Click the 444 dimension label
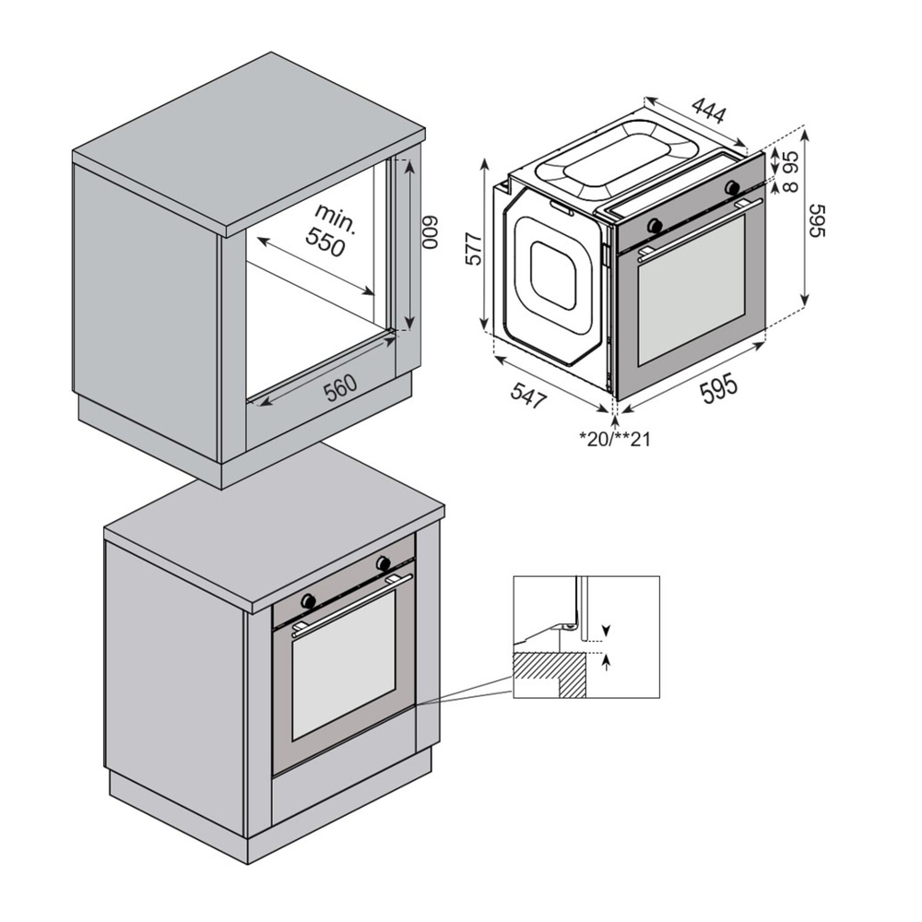(x=708, y=112)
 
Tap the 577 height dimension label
(x=474, y=249)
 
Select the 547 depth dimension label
(x=528, y=394)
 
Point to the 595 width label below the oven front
(x=718, y=389)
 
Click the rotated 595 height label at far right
(x=817, y=221)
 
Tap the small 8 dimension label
(x=791, y=186)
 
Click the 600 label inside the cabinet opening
(x=431, y=233)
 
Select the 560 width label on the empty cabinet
(x=342, y=388)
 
